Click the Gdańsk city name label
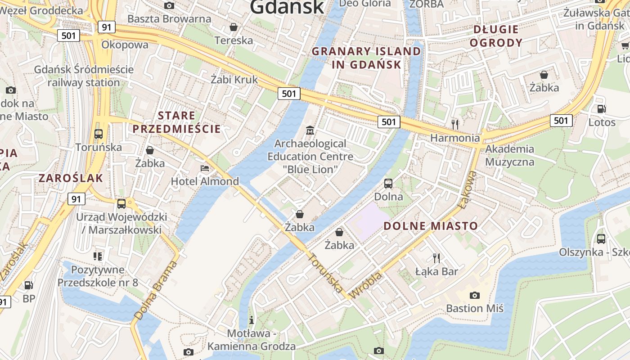[x=287, y=6]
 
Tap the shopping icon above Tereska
[x=234, y=27]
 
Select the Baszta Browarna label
[x=169, y=19]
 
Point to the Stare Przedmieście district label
[x=176, y=122]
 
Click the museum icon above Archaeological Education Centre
[x=310, y=130]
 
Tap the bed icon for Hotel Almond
[x=205, y=169]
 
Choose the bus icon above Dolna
[x=388, y=183]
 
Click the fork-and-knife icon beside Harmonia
[x=455, y=124]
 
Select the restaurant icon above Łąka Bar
[x=436, y=258]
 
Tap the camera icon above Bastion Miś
[x=474, y=295]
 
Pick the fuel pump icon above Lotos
[x=601, y=109]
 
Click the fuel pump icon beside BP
[x=28, y=285]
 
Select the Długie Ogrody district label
[x=497, y=36]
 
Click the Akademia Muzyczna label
[x=510, y=155]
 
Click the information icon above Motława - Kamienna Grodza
[x=252, y=320]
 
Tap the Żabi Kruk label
[x=234, y=80]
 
